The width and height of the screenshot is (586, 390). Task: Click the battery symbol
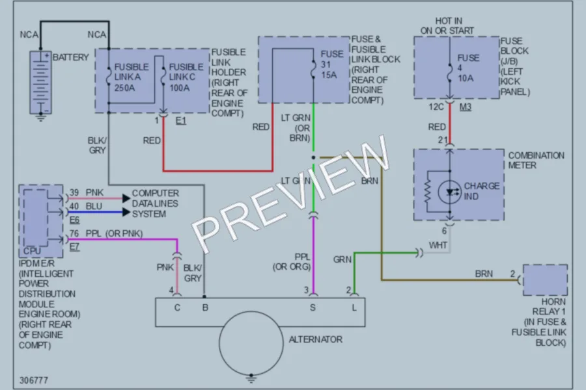click(41, 83)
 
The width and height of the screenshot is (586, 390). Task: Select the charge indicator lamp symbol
click(449, 192)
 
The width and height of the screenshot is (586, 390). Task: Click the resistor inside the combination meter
click(428, 192)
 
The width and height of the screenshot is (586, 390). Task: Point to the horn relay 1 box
click(545, 280)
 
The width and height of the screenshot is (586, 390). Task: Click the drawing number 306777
click(34, 380)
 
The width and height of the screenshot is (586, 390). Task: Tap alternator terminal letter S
click(313, 307)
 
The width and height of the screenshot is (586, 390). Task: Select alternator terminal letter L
click(354, 307)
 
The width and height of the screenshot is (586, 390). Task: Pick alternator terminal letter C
click(177, 307)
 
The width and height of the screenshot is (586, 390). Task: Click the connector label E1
click(181, 120)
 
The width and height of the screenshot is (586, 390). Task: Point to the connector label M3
click(466, 107)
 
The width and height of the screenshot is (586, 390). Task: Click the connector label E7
click(74, 247)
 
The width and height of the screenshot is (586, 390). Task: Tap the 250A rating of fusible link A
click(124, 88)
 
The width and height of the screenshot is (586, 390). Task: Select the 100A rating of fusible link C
click(180, 88)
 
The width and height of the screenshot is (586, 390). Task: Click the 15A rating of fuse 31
click(329, 75)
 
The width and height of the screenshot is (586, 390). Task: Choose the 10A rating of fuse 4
click(466, 79)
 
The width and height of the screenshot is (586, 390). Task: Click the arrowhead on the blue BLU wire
click(127, 213)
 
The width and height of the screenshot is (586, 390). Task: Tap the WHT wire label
click(438, 245)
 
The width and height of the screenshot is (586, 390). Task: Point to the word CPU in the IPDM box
click(32, 251)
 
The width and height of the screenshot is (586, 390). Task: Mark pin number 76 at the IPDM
click(74, 233)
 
